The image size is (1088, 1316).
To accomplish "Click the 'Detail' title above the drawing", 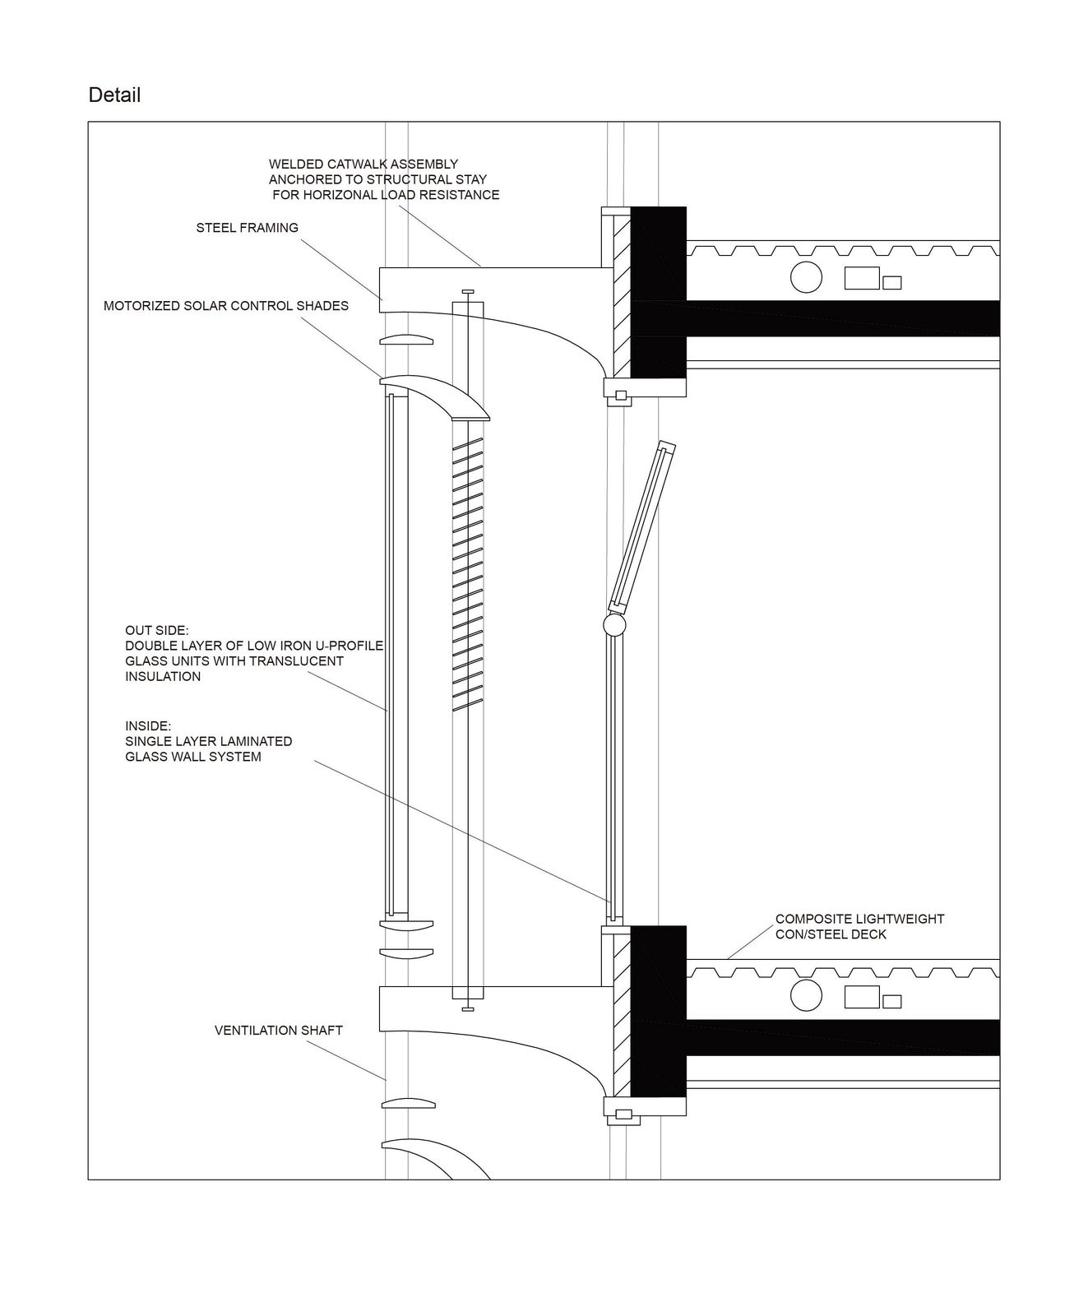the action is (114, 95).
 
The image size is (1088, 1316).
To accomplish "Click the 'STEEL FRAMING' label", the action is (247, 228).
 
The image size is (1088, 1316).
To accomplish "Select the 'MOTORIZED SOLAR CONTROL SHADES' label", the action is (226, 306).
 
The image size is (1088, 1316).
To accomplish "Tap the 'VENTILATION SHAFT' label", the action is (279, 1030).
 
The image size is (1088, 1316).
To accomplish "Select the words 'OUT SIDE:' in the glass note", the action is (157, 631).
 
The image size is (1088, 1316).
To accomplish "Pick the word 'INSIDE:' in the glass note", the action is (148, 726).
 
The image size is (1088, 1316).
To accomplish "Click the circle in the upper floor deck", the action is (806, 277).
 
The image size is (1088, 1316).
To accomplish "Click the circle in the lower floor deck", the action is (806, 995).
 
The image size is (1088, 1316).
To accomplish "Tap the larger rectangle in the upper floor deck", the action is (862, 278).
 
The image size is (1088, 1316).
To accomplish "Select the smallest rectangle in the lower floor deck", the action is (891, 1002).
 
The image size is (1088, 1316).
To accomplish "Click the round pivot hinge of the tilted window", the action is (614, 626).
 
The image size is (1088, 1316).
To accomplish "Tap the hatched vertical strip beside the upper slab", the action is (622, 293).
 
